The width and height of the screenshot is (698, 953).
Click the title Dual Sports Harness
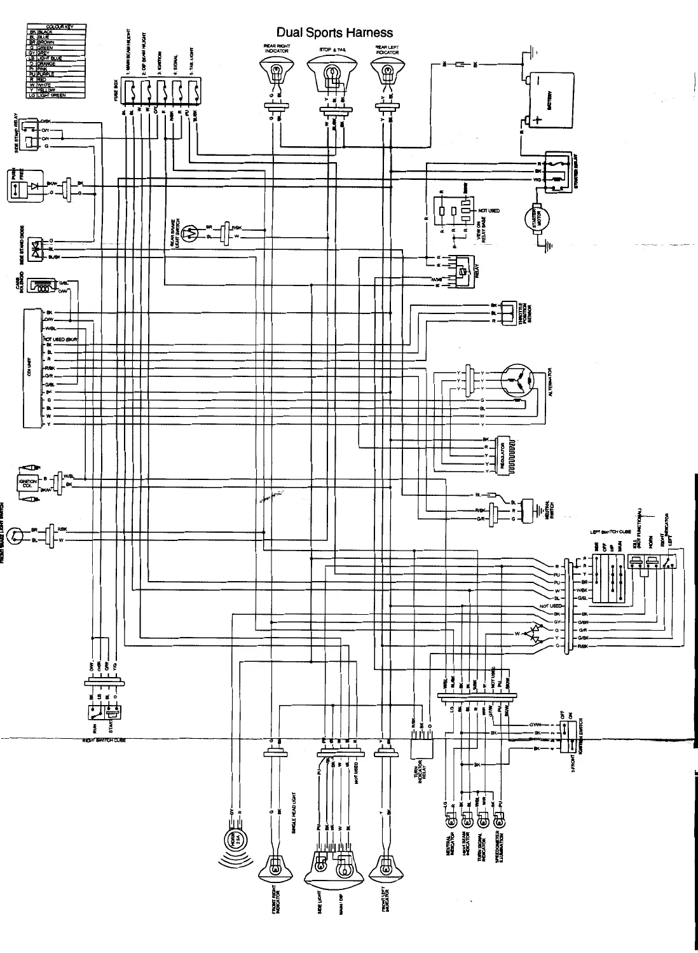point(334,32)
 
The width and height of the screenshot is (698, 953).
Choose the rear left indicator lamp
point(387,70)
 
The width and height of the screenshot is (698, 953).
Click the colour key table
point(57,61)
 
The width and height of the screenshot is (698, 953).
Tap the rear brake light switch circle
point(189,233)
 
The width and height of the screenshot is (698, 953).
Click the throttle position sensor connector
point(509,312)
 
